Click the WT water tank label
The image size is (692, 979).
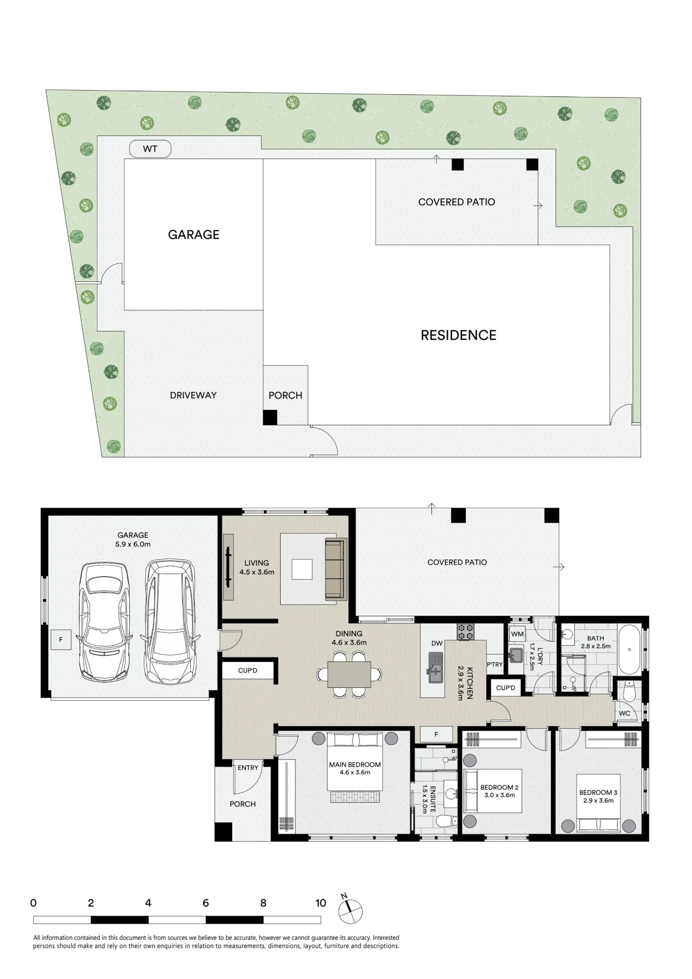(x=150, y=149)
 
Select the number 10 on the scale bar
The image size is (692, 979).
(x=321, y=903)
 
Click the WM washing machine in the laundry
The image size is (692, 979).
(x=517, y=634)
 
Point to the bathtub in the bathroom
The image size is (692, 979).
(x=629, y=650)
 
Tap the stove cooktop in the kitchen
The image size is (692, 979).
(x=466, y=631)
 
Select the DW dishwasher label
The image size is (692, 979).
(x=437, y=643)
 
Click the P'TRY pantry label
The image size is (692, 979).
(x=495, y=664)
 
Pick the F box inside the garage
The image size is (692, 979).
(x=61, y=639)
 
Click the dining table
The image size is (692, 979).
(x=349, y=675)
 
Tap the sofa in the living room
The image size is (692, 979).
(x=336, y=568)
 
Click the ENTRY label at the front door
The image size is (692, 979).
(x=248, y=768)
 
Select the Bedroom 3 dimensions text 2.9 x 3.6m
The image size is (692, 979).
(x=598, y=800)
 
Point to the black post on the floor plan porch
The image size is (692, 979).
(x=223, y=832)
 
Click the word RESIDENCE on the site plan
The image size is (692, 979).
(x=458, y=335)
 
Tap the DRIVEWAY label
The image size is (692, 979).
(x=193, y=396)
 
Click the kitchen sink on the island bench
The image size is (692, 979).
(x=436, y=667)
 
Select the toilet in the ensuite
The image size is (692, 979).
(x=447, y=821)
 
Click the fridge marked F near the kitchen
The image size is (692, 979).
(x=436, y=734)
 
